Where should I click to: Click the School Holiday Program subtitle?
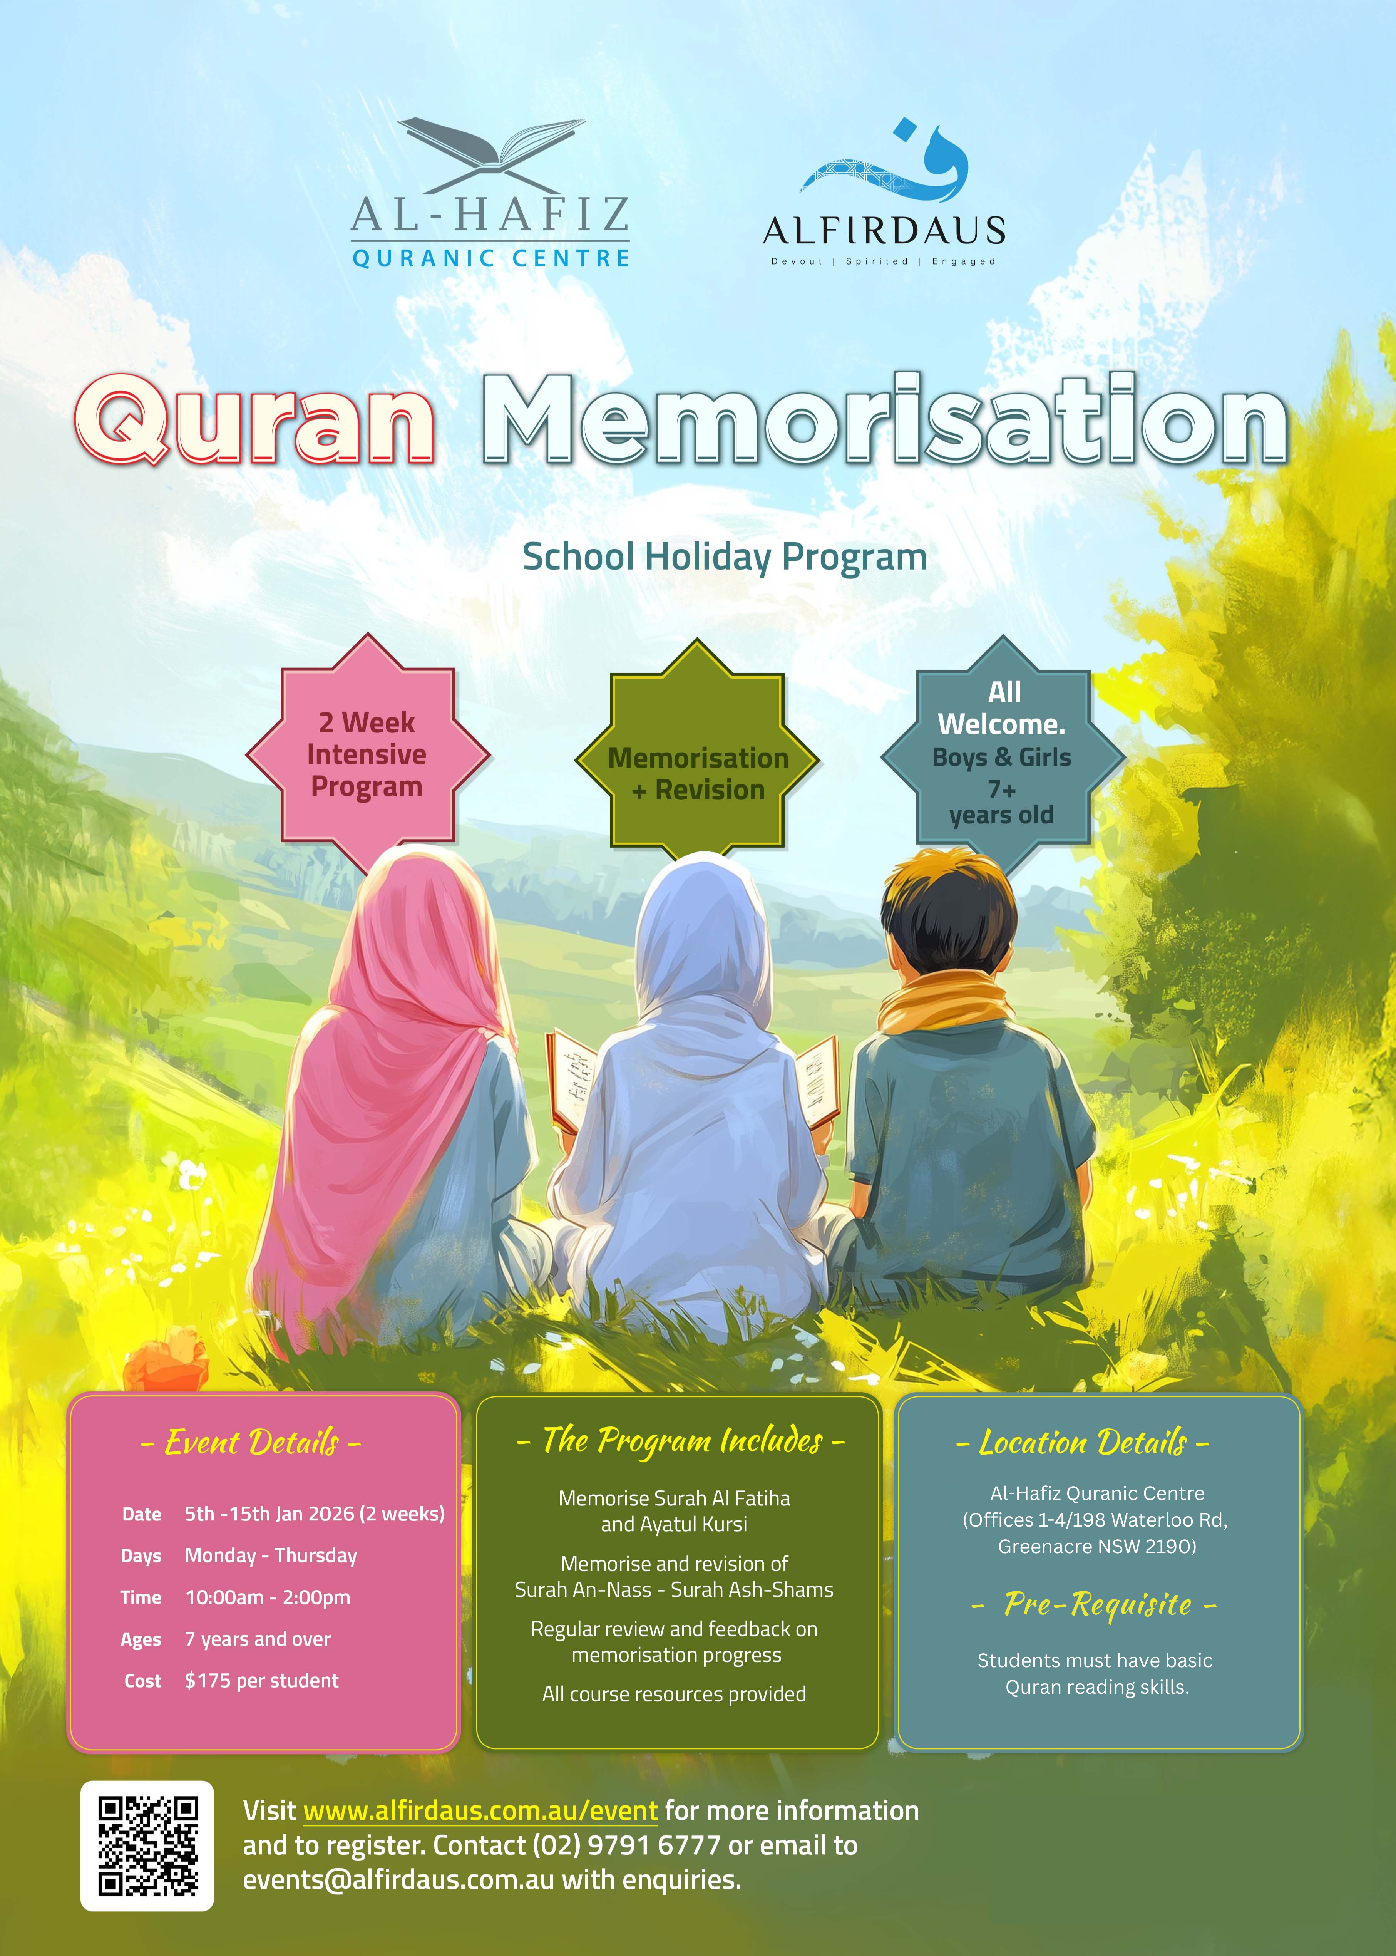725,557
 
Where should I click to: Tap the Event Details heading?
251,1442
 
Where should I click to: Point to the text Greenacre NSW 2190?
1097,1546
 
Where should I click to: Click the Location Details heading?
1083,1442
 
